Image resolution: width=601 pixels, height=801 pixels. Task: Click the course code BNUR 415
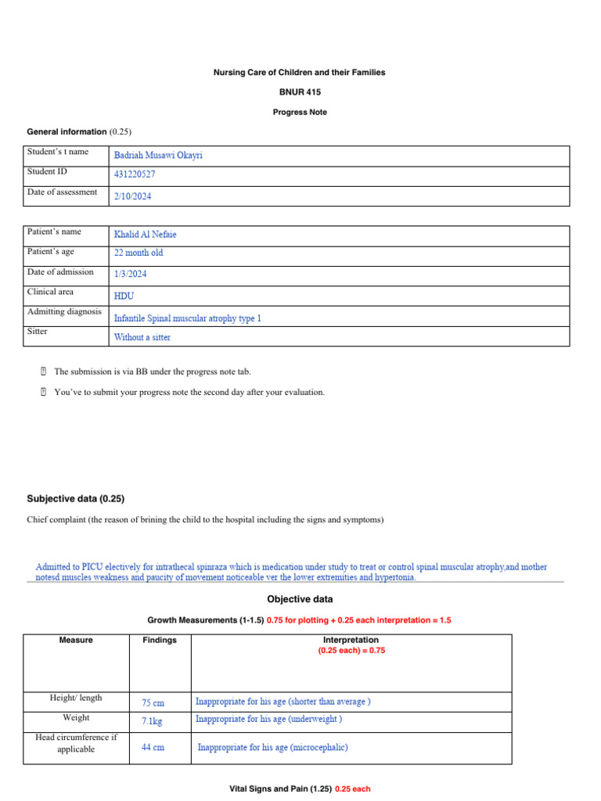(300, 92)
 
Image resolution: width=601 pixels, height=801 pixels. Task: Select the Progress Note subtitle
(300, 113)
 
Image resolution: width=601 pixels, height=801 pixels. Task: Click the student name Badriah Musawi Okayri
(158, 156)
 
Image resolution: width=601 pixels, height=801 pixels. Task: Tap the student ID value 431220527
(135, 175)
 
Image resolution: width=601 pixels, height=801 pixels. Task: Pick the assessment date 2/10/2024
(133, 197)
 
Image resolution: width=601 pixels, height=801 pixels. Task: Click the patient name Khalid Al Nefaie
(151, 235)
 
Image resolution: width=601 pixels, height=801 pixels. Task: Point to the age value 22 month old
(139, 253)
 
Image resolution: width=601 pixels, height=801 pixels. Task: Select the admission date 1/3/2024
(130, 275)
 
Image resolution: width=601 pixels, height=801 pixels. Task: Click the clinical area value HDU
(124, 296)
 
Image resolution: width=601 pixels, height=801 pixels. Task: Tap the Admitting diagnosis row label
(64, 311)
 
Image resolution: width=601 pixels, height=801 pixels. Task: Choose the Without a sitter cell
(142, 338)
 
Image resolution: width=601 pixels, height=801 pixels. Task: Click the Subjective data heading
(76, 498)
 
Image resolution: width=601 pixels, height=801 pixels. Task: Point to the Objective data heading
(300, 599)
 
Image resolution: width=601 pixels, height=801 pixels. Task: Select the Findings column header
(160, 640)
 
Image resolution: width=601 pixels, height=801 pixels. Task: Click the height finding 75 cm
(153, 703)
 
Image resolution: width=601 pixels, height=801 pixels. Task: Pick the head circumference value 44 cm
(153, 748)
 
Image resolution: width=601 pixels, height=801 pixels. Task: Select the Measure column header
(76, 640)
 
